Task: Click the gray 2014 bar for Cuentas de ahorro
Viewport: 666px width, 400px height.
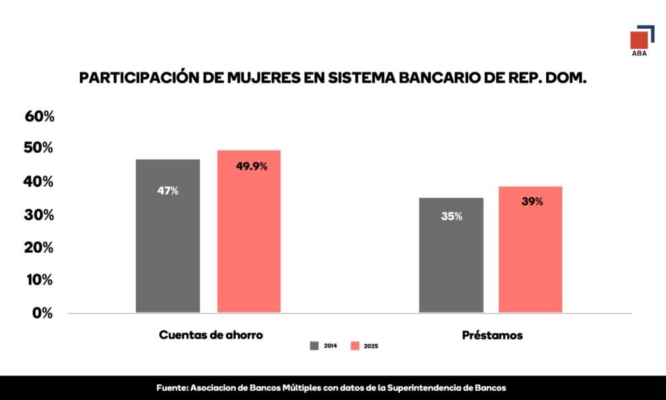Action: coord(168,253)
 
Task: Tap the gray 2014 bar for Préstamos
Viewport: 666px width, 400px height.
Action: coord(451,267)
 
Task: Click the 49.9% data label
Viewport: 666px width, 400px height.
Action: coord(252,167)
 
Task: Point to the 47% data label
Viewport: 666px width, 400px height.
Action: coord(168,191)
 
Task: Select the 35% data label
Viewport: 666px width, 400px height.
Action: coord(452,217)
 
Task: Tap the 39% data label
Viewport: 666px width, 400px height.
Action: coord(532,201)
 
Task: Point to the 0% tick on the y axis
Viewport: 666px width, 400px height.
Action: coord(43,313)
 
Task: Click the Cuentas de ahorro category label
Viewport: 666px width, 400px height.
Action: coord(210,335)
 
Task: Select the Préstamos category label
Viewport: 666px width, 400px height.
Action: coord(492,335)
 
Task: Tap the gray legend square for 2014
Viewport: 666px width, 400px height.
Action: coord(314,345)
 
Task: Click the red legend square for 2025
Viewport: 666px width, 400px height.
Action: coord(355,345)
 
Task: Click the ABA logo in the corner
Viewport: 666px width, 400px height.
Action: coord(642,41)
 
